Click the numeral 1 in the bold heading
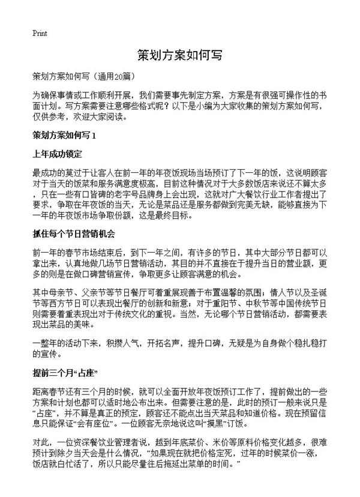tap(102, 135)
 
